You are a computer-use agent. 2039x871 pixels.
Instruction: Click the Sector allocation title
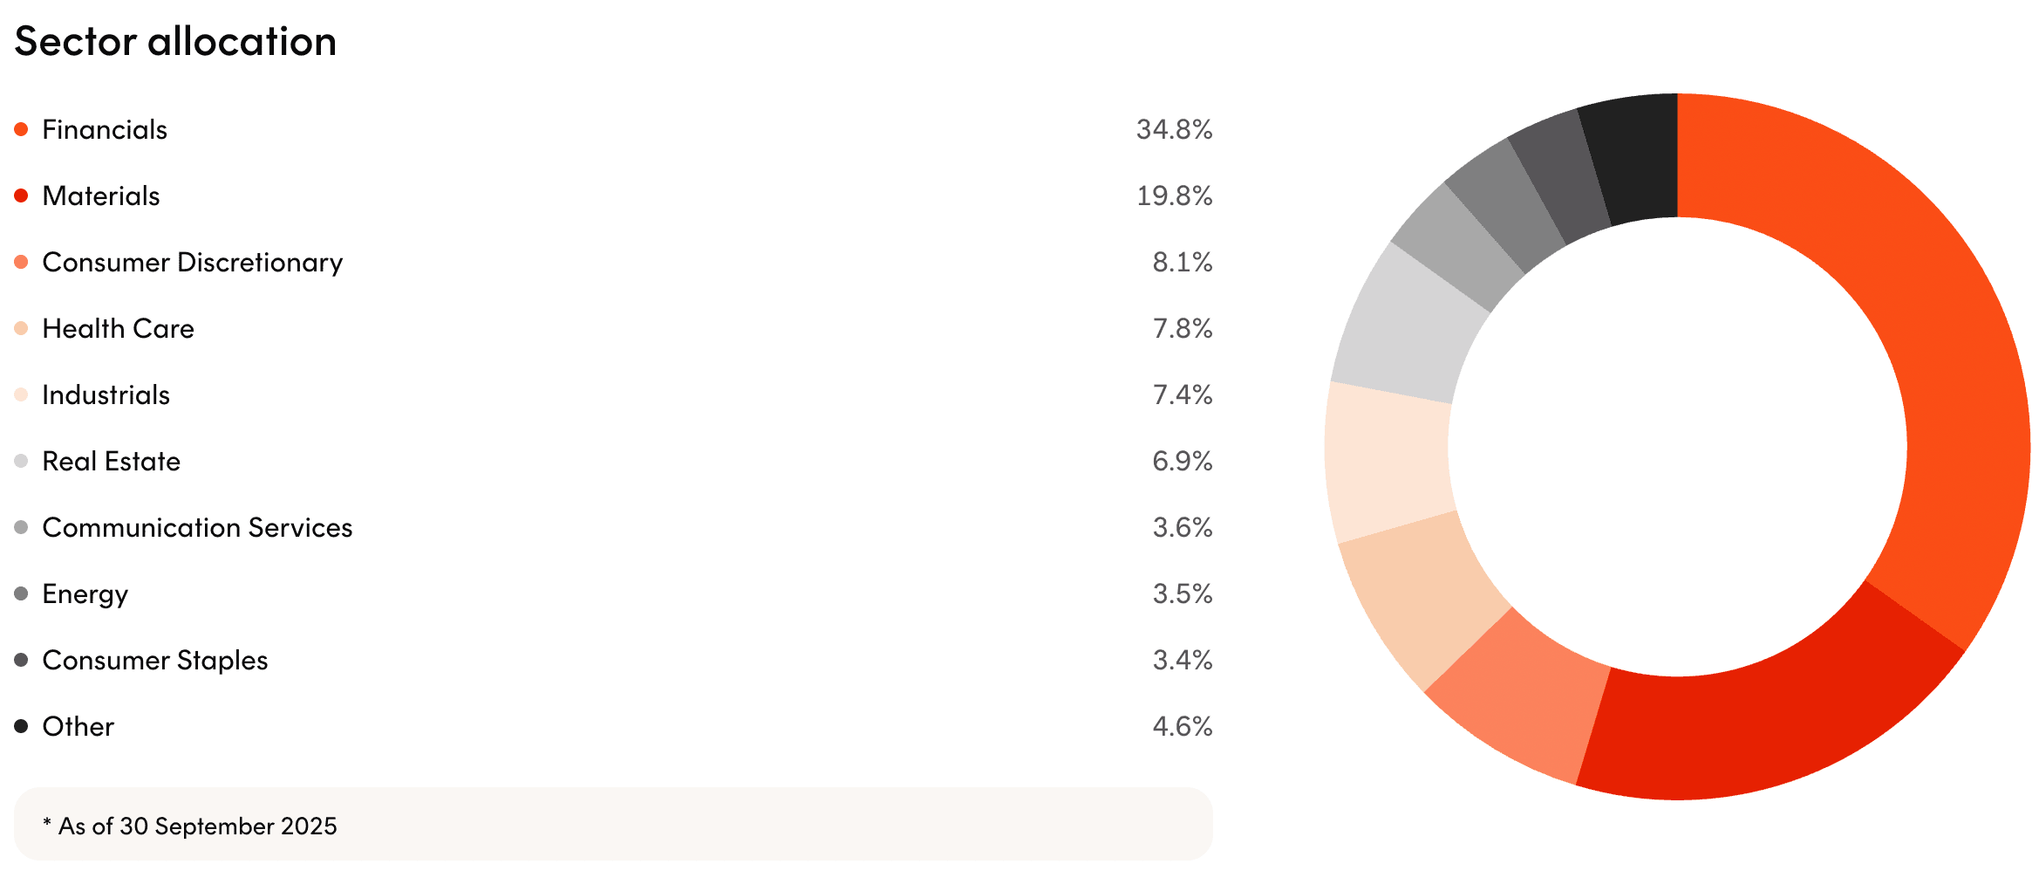pos(175,41)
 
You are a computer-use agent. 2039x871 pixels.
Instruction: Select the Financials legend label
pos(105,130)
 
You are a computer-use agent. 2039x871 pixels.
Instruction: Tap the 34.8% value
pos(1174,130)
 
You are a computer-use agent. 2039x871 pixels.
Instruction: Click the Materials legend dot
pos(22,195)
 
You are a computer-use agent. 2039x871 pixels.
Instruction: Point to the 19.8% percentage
pos(1174,196)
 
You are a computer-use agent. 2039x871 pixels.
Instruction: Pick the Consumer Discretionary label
pos(192,263)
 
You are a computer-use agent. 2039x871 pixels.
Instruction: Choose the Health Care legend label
pos(118,329)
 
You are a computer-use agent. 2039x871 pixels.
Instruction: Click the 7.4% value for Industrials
pos(1182,395)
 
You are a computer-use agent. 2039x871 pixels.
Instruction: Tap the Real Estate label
pos(111,462)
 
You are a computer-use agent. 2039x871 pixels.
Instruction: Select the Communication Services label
pos(197,528)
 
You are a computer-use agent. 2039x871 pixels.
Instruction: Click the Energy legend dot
pos(22,593)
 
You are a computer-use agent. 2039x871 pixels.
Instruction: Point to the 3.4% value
pos(1182,661)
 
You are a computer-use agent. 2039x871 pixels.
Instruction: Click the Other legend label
pos(78,727)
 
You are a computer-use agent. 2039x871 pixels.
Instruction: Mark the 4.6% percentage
pos(1182,727)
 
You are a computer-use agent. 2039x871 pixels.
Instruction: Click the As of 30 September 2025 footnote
pos(190,826)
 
